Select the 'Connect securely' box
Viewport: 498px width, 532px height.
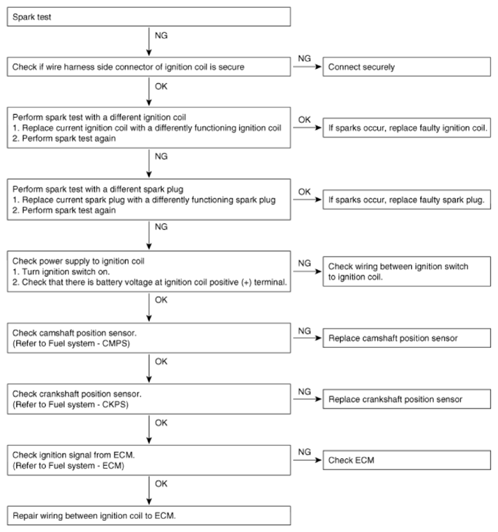pos(405,68)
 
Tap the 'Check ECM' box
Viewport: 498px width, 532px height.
pos(405,460)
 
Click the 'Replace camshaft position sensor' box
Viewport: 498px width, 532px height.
pos(405,338)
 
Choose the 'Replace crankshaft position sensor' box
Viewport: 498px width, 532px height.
pos(405,400)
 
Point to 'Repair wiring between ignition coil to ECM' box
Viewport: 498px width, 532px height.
pos(149,516)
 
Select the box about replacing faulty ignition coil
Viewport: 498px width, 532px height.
pos(405,128)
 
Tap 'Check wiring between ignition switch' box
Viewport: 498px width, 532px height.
pos(405,272)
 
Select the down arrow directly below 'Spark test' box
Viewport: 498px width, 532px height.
pos(149,41)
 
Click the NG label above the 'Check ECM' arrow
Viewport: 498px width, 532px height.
pos(304,452)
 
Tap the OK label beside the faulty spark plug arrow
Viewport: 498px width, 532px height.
pos(304,191)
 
